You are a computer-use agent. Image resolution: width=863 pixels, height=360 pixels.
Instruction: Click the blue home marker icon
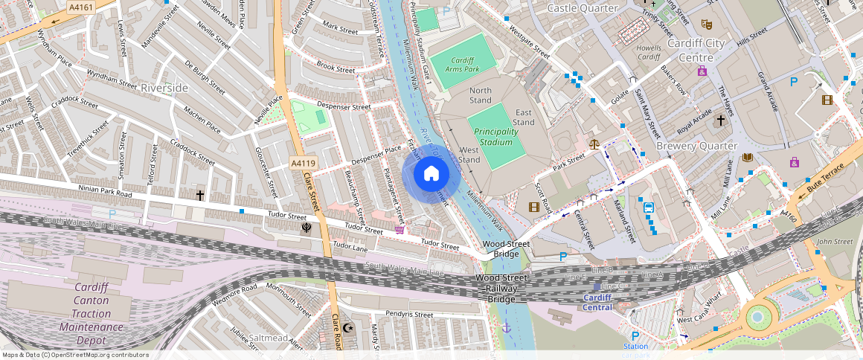pos(431,175)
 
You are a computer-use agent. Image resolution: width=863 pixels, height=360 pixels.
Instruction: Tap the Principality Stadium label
pos(495,137)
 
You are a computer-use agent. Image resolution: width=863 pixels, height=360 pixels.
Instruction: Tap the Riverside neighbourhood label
pos(164,88)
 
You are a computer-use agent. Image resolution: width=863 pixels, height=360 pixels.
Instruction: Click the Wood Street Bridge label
pos(506,248)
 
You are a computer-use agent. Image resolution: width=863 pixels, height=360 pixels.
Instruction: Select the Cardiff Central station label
pos(597,302)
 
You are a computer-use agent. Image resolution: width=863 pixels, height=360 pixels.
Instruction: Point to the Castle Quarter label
pos(583,8)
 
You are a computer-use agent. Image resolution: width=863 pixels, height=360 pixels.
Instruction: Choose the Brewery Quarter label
pos(696,147)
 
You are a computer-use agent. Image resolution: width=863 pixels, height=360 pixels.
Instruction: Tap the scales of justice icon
pos(594,144)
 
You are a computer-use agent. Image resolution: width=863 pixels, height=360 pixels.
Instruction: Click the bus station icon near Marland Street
pos(648,208)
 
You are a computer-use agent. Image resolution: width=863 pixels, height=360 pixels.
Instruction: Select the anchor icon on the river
pos(507,327)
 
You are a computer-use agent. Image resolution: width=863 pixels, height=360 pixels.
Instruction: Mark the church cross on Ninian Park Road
pos(200,196)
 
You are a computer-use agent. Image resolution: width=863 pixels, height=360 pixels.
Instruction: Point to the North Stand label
pos(481,95)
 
